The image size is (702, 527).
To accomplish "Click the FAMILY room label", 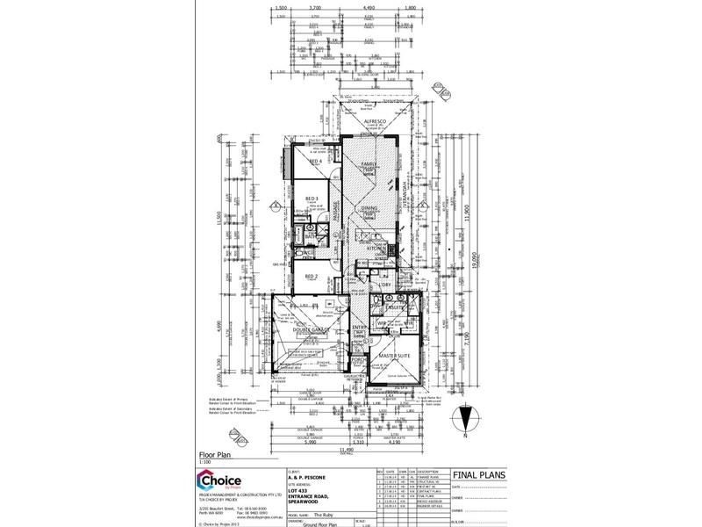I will coord(370,164).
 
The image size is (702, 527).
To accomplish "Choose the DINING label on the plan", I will coord(370,209).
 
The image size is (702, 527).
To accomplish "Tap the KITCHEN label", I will coord(375,249).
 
